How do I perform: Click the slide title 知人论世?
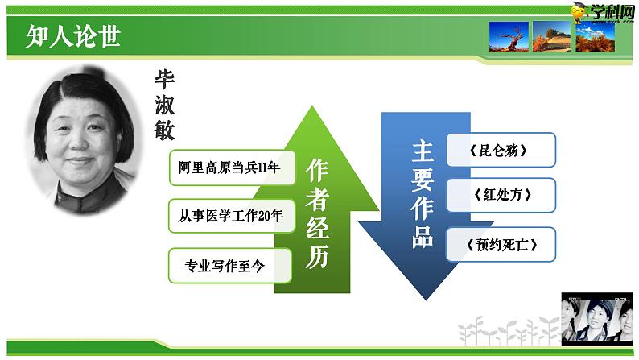[72, 37]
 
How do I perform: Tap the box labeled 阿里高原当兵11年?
[230, 168]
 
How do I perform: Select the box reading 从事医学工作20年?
[230, 217]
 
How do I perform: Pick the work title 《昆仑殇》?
[501, 150]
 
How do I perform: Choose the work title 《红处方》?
[501, 195]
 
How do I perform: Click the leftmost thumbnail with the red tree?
[509, 36]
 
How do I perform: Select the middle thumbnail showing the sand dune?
[551, 36]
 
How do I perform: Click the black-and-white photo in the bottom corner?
[599, 320]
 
